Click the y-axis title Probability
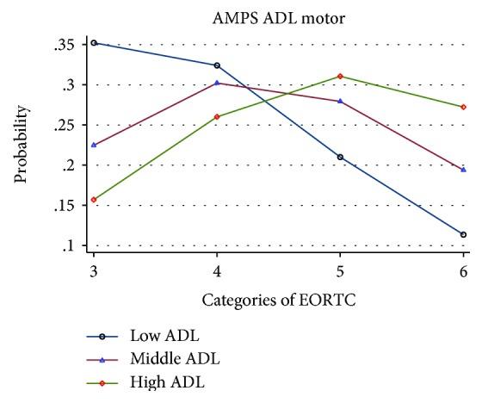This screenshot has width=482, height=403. tap(21, 144)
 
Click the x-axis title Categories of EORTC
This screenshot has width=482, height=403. tap(277, 301)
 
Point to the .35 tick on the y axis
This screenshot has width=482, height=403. tap(63, 45)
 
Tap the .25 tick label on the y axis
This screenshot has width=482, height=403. tap(63, 126)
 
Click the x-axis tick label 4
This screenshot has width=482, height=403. tap(217, 271)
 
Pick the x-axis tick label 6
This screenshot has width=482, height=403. tap(464, 271)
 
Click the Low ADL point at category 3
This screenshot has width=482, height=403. tap(94, 43)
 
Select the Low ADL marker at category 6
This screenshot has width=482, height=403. tap(464, 234)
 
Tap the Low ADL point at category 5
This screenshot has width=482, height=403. tap(341, 157)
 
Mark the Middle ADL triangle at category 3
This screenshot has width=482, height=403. tap(94, 145)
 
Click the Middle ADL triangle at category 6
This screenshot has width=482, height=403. tap(464, 170)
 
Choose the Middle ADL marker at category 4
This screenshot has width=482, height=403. tap(217, 83)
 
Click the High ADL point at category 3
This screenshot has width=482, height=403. tap(94, 200)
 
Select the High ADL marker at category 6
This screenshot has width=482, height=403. tap(464, 107)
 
